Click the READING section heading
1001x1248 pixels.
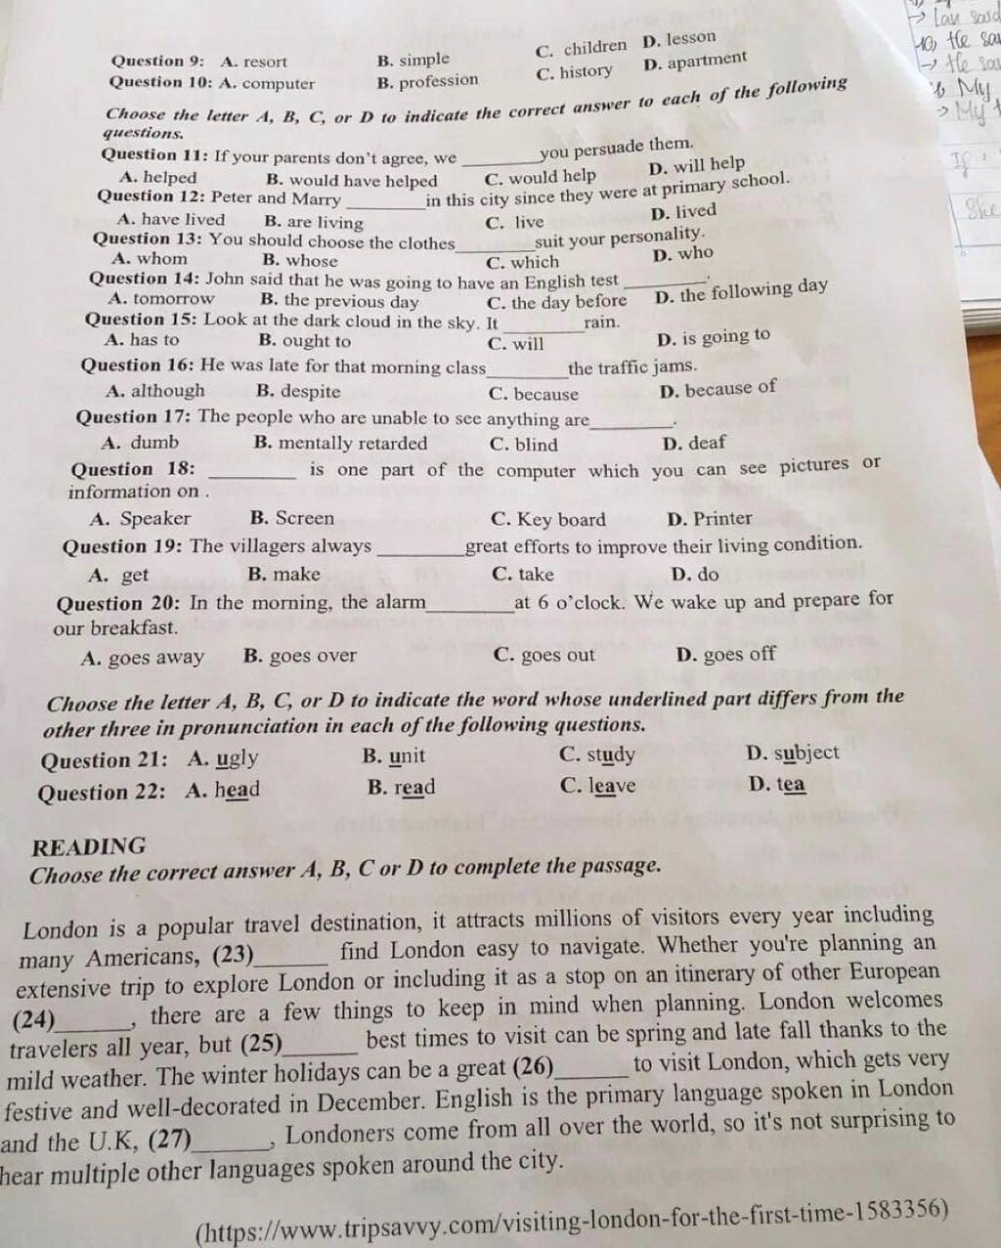pos(89,846)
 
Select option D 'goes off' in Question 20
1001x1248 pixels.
pos(725,654)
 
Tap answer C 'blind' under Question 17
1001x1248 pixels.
pos(524,445)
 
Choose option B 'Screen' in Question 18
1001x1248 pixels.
pos(292,518)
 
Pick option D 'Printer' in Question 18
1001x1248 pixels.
pos(710,519)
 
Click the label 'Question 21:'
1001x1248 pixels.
pos(104,760)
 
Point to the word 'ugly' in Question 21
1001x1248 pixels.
pos(237,758)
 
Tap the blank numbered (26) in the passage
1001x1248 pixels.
pos(591,1068)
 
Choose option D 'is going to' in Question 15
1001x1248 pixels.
pos(715,337)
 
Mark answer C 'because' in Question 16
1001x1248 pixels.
pos(534,395)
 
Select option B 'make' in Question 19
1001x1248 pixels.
pos(284,575)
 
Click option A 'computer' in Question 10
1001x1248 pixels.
pos(268,84)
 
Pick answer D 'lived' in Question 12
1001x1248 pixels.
pos(684,212)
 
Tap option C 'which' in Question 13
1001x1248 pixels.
pos(523,262)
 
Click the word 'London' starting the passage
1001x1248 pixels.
pos(61,929)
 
